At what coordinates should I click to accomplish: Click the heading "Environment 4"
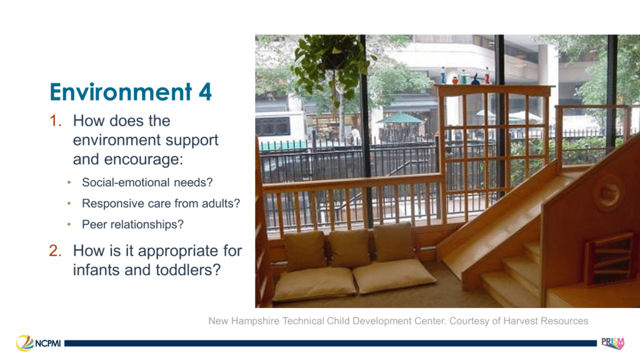coord(131,92)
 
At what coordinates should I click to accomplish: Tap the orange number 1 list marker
coord(56,121)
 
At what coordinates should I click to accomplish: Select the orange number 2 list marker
coord(56,251)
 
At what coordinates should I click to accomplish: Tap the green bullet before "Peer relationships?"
coord(69,224)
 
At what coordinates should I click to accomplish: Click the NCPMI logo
coord(38,343)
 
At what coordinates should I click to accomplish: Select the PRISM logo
coord(612,343)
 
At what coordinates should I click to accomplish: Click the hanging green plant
coord(332,64)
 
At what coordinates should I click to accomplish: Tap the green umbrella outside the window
coord(399,118)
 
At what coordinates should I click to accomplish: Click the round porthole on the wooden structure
coord(608,192)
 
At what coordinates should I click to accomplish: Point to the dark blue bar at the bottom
coord(330,344)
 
